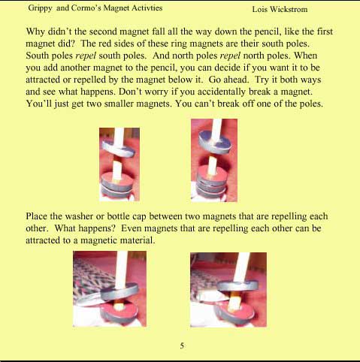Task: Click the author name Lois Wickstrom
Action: (x=280, y=9)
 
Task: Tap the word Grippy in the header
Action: (x=40, y=8)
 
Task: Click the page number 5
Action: (x=182, y=345)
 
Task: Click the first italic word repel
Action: (x=86, y=56)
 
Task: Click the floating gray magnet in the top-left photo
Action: (x=118, y=149)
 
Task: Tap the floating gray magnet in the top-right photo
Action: (x=215, y=142)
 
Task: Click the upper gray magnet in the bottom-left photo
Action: (x=119, y=291)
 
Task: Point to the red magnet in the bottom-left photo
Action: (x=119, y=312)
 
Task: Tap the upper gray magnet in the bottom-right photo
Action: (x=237, y=285)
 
